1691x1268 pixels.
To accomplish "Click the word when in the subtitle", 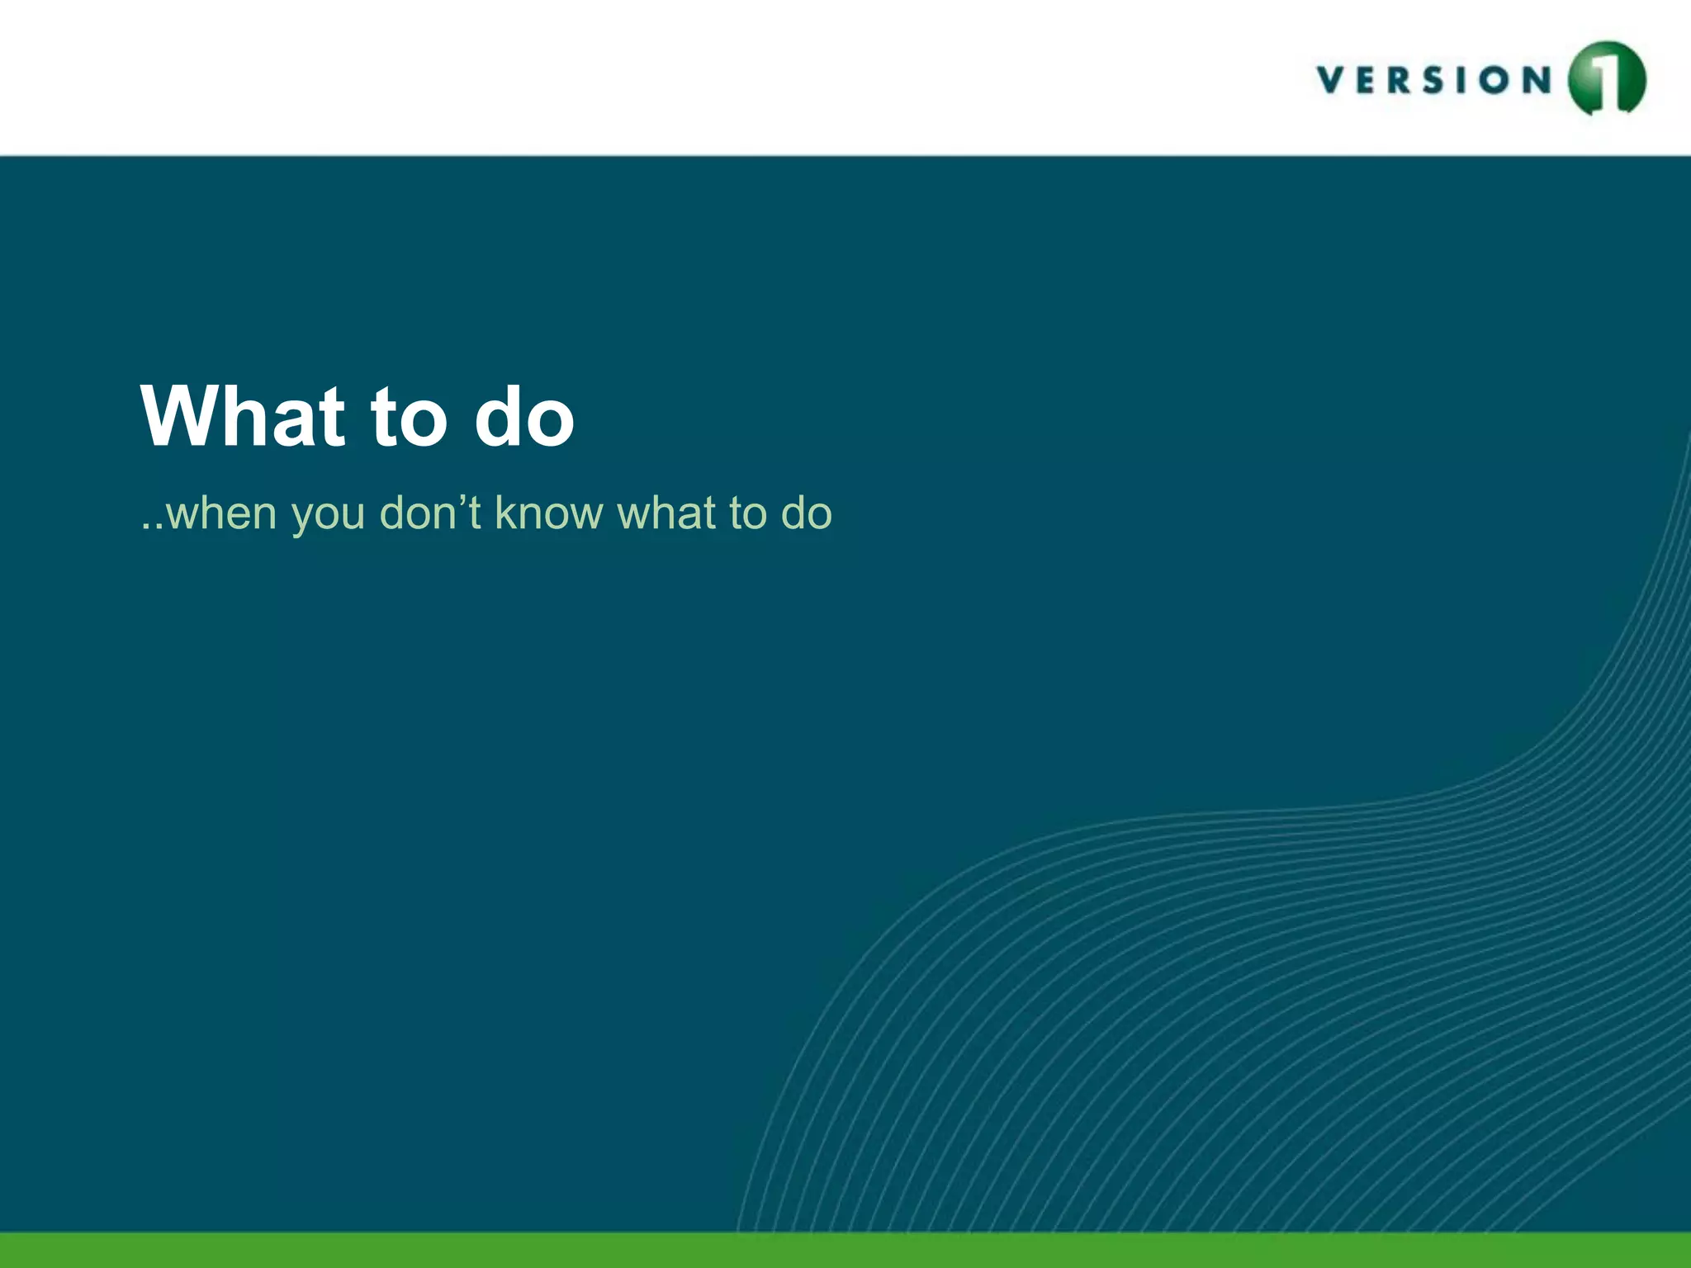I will click(220, 513).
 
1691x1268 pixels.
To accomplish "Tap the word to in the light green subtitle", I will click(748, 513).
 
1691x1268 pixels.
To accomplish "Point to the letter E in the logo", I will click(1372, 80).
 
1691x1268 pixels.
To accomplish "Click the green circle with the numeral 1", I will click(1607, 79).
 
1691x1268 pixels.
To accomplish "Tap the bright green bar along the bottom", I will click(845, 1250).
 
